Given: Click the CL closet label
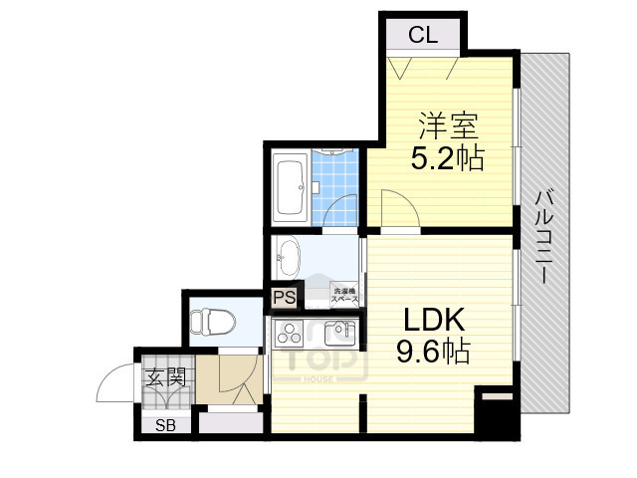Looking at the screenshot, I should point(423,36).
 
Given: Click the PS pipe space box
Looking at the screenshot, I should point(284,297).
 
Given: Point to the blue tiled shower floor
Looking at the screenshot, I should point(334,184).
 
